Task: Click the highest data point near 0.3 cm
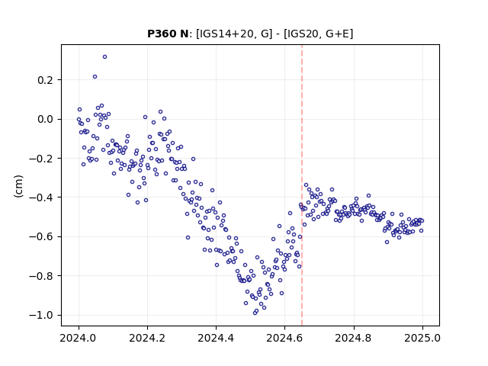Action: coord(105,57)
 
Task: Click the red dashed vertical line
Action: coord(302,185)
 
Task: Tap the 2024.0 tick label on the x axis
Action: coord(79,338)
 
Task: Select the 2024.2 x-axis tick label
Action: coord(147,338)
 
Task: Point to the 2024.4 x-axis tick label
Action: coord(216,338)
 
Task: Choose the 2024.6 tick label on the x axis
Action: coord(284,338)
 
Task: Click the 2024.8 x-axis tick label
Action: coord(354,338)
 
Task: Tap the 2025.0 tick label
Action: coord(422,338)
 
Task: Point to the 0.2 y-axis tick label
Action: coord(46,80)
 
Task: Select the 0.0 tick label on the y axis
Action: coord(46,119)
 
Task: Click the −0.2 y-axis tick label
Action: coord(41,159)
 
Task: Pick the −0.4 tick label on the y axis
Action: coord(41,197)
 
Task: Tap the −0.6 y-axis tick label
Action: coord(41,237)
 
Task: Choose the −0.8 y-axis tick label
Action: coord(41,276)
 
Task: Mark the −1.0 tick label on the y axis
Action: coord(41,315)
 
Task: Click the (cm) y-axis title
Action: coord(18,186)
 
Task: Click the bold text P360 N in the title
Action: coord(168,34)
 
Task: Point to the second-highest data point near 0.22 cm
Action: coord(95,77)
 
